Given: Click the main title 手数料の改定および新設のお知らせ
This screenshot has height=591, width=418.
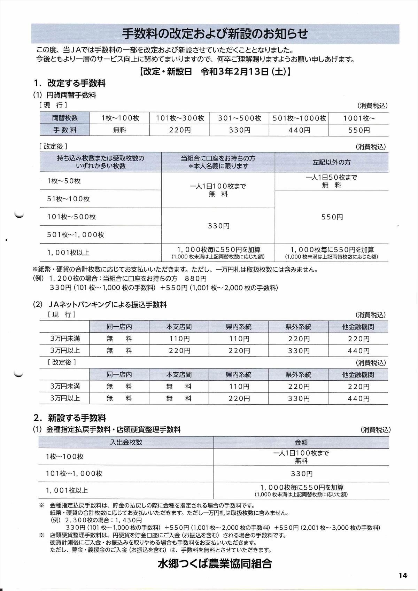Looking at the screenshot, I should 215,34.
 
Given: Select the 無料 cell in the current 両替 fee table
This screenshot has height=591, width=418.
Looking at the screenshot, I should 119,130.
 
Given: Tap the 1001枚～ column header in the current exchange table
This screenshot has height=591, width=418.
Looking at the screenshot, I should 359,118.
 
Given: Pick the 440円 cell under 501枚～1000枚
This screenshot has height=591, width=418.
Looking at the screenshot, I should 299,130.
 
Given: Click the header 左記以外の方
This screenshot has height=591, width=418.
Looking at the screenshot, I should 331,162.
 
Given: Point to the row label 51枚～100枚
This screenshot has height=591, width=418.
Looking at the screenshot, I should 69,199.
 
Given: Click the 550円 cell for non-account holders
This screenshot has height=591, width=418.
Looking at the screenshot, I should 332,217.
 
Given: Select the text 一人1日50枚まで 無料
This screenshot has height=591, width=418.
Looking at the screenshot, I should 332,181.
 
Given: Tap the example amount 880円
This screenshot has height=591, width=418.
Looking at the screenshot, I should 196,279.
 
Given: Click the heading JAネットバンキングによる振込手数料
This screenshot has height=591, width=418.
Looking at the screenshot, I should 108,305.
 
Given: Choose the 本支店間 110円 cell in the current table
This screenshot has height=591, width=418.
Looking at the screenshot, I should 179,339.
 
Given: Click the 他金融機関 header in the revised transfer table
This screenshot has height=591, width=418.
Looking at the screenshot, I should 358,375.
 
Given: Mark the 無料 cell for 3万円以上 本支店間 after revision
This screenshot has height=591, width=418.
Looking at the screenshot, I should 179,398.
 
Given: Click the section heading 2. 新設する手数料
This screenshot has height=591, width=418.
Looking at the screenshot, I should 70,418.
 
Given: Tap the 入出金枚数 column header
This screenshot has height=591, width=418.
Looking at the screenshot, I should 126,442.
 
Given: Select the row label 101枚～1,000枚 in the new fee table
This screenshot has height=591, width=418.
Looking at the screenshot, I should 74,474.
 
